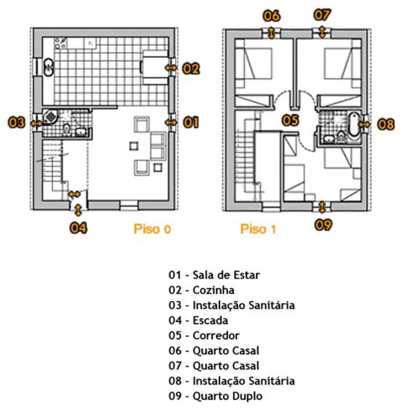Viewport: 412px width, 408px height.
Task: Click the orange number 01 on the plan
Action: point(191,123)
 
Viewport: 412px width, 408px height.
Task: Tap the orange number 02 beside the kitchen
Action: point(191,68)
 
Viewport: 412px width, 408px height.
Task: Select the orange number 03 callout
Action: point(16,123)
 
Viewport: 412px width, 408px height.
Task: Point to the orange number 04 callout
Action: point(78,228)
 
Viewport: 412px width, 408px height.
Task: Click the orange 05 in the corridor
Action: point(291,120)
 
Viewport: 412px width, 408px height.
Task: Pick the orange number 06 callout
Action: point(272,16)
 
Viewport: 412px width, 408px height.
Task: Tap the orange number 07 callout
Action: point(323,15)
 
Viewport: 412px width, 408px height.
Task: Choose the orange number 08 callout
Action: point(386,124)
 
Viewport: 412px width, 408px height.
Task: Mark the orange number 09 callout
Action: point(323,225)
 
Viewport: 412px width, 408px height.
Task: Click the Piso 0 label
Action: point(153,229)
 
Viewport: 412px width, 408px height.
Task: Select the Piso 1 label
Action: point(258,229)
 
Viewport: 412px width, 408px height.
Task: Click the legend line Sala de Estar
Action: point(226,275)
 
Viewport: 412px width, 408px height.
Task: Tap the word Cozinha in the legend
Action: point(214,290)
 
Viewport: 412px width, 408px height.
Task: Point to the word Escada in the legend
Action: point(211,321)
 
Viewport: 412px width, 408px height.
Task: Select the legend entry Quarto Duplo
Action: point(227,396)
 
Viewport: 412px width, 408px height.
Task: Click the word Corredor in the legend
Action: point(216,336)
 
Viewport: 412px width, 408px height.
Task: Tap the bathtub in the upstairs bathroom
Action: point(354,124)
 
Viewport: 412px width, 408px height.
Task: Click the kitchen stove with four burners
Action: point(61,44)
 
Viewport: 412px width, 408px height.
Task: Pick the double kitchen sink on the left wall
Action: point(49,68)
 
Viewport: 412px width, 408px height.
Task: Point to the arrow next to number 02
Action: point(171,68)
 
